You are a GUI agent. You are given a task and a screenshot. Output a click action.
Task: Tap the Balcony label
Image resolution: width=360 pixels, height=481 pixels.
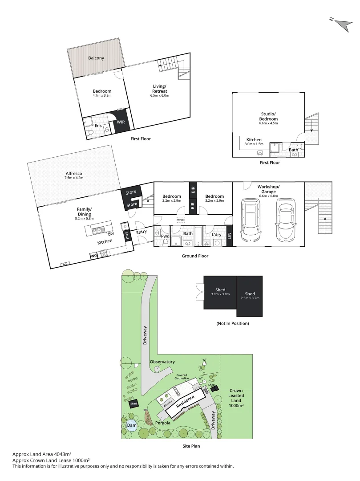pos(96,58)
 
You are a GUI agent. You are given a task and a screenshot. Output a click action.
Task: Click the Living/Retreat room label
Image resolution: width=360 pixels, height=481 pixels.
pos(160,89)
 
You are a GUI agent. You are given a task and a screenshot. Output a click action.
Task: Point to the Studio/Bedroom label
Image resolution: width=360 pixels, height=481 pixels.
pos(268,117)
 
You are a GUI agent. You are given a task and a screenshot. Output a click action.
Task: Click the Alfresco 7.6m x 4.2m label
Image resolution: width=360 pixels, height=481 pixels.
pos(74,175)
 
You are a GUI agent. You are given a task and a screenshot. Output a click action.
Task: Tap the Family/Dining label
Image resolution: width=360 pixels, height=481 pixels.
pos(84,212)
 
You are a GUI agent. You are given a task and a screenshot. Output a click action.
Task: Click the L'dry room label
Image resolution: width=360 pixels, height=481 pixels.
pos(217,234)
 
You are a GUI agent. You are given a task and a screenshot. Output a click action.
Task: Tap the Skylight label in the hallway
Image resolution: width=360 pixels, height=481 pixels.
pos(181,219)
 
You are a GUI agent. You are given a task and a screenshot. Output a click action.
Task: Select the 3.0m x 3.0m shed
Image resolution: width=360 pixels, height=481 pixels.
pos(220,293)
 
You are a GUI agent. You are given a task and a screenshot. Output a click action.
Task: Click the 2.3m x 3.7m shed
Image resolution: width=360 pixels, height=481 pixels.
pos(249,296)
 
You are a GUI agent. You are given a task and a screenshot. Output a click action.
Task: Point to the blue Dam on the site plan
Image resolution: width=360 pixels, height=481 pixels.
pos(131,426)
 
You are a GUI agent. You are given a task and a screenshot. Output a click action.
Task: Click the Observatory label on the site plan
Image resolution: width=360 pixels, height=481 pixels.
pos(162,362)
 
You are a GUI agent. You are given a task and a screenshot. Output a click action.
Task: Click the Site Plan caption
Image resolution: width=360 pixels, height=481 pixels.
pos(192,445)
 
